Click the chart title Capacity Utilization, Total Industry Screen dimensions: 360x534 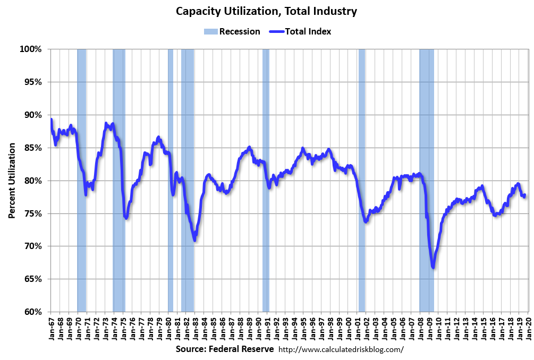click(266, 11)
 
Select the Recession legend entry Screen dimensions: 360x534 click(232, 31)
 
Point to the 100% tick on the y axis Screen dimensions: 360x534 click(30, 49)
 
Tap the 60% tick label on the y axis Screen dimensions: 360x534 click(32, 312)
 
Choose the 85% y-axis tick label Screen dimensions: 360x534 click(32, 148)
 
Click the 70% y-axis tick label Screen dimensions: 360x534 click(32, 246)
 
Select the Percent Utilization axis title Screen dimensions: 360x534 click(12, 181)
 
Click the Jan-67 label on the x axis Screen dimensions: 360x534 click(52, 329)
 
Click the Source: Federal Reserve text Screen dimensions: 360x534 click(225, 349)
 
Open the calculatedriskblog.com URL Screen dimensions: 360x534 click(341, 349)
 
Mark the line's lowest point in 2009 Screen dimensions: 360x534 click(434, 267)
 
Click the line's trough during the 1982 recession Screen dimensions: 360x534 click(195, 240)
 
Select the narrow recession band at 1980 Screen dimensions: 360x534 click(171, 181)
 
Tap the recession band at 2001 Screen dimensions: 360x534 click(362, 181)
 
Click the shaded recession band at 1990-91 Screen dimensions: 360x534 click(266, 181)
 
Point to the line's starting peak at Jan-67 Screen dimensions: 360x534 click(51, 119)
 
